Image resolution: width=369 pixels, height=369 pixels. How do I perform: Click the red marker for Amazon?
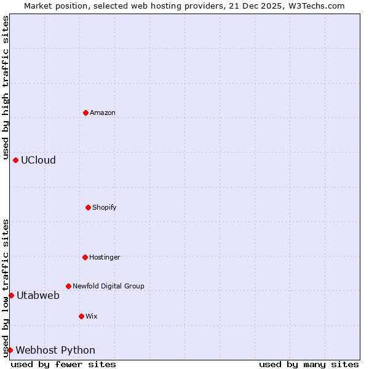[85, 113]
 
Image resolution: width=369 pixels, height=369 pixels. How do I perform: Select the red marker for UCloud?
[15, 160]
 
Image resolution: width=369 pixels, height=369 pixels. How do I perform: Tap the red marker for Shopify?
[88, 207]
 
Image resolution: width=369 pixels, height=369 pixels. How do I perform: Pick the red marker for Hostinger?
[85, 257]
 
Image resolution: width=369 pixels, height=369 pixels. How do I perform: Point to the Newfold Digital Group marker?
[68, 286]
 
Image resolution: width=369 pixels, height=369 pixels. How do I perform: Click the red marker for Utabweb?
[11, 295]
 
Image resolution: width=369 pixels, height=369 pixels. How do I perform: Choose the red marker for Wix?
[81, 316]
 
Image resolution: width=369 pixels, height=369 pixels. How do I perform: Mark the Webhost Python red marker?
[10, 350]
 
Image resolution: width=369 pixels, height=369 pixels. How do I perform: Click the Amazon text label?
[103, 113]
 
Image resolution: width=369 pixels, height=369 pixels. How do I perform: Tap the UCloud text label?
[38, 160]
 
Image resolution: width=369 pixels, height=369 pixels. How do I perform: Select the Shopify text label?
[105, 207]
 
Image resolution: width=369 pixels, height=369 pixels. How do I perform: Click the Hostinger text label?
[105, 257]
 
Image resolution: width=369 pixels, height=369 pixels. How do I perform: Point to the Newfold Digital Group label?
[108, 286]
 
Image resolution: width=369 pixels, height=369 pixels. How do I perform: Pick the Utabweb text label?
[38, 295]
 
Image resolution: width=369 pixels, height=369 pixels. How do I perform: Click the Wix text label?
[92, 316]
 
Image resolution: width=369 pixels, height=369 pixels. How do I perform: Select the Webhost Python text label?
[55, 350]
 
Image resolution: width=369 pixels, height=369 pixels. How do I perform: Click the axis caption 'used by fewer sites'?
[63, 364]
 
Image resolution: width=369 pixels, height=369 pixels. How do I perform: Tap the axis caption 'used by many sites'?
[309, 364]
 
